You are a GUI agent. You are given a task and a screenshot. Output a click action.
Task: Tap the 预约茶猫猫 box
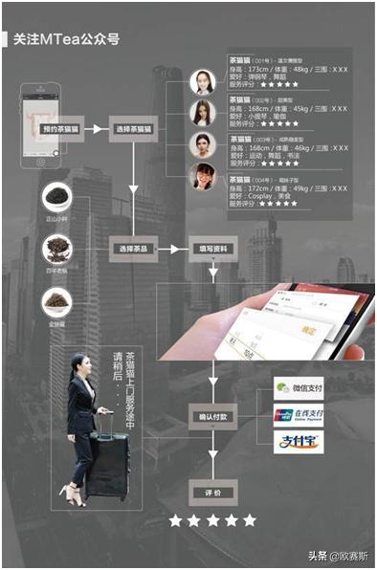tap(60, 127)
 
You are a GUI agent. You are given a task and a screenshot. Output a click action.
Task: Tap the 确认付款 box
tap(211, 416)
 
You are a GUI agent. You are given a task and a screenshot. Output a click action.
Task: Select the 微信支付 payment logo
tap(298, 388)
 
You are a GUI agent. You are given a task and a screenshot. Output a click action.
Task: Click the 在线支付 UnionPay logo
tap(298, 415)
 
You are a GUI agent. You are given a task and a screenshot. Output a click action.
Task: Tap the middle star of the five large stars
tap(212, 520)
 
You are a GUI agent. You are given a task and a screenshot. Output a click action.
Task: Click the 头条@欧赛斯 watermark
tap(340, 556)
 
